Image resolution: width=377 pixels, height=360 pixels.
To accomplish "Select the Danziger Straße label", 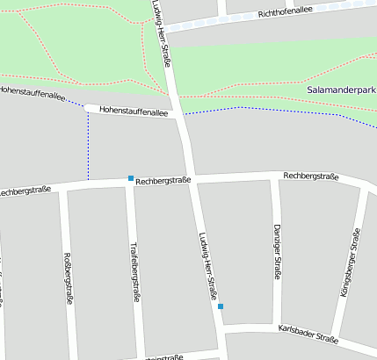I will click(277, 251).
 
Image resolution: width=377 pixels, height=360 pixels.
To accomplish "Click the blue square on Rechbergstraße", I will click(131, 178).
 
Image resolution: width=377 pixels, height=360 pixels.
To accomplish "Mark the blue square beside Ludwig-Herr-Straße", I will click(221, 306).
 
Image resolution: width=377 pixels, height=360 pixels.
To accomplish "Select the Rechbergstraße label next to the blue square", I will click(163, 180).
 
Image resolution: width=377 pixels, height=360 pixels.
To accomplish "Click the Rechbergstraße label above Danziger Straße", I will click(310, 176).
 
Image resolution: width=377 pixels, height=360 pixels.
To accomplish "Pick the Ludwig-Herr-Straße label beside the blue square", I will click(208, 269).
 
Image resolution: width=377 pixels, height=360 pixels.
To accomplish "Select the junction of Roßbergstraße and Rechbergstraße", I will click(62, 187).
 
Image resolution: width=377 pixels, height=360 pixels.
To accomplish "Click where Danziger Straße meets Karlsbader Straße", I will click(278, 326).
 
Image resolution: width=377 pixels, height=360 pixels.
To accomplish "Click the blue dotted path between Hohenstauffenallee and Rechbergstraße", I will click(88, 149).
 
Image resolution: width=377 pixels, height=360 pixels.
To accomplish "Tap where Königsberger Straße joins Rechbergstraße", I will click(364, 186).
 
